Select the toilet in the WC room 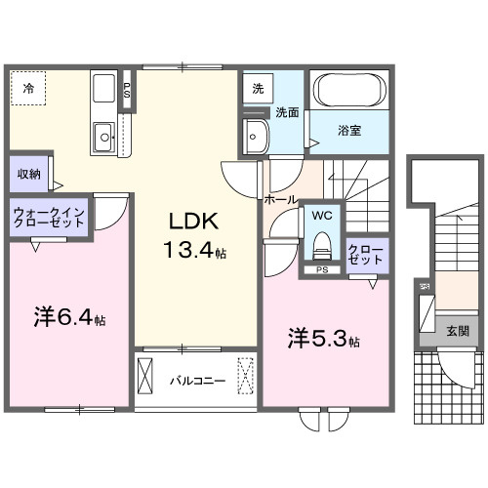[x=321, y=243]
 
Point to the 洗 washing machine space [x=257, y=88]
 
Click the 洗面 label [x=287, y=112]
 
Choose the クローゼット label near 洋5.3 [x=367, y=255]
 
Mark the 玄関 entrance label [x=457, y=331]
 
